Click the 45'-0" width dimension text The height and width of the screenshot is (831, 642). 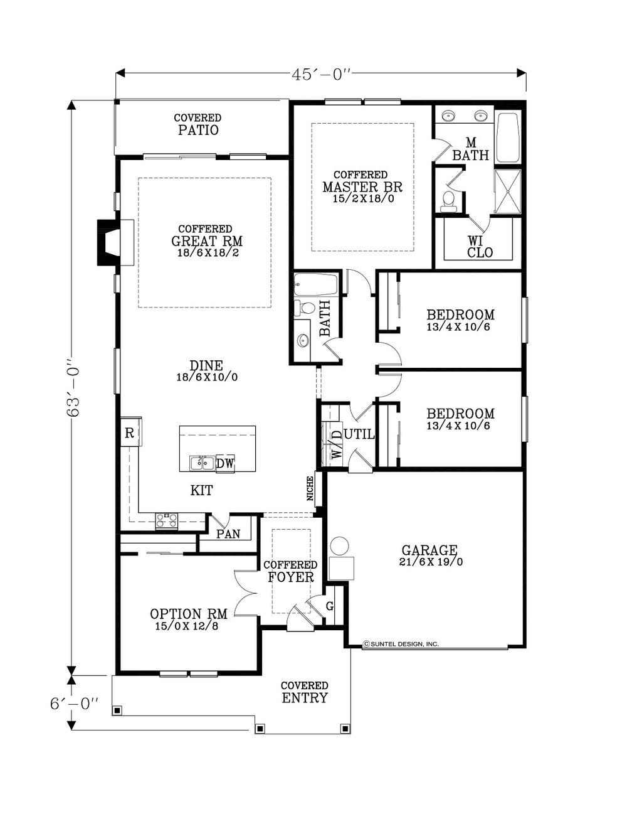321,75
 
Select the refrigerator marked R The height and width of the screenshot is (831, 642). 130,432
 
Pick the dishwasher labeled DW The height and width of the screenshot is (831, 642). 225,463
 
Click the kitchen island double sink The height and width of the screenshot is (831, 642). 202,463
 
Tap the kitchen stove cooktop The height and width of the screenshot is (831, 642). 167,520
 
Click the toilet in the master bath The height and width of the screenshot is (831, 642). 447,201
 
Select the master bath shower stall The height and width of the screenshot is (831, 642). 508,191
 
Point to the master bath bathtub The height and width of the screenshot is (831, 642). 508,137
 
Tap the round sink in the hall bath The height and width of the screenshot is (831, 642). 303,339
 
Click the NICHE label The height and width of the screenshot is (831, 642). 310,489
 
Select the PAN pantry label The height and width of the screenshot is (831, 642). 228,533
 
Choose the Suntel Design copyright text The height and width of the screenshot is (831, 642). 401,644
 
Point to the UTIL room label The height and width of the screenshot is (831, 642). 359,434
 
